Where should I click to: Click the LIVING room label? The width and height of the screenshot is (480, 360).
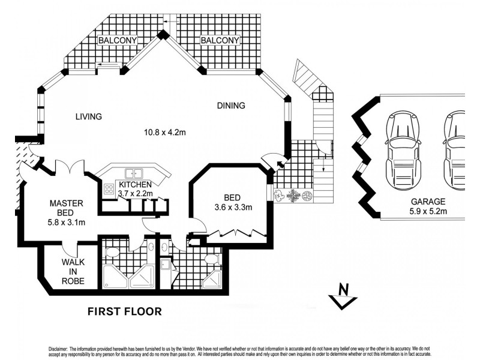pos(88,116)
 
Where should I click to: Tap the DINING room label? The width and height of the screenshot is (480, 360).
pos(231,106)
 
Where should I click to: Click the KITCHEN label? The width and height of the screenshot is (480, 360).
pos(135,185)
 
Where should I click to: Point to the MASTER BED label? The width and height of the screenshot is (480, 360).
pos(66,208)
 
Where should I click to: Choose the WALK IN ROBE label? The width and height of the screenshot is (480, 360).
pos(73,271)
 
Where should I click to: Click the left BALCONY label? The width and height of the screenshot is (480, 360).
pos(118,40)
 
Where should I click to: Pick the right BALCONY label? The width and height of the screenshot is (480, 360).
pos(220,40)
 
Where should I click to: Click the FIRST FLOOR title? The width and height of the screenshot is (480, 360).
pos(125,311)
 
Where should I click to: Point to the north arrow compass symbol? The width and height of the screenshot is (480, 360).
pos(344,295)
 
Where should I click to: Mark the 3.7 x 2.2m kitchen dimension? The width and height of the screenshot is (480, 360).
pos(135,193)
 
